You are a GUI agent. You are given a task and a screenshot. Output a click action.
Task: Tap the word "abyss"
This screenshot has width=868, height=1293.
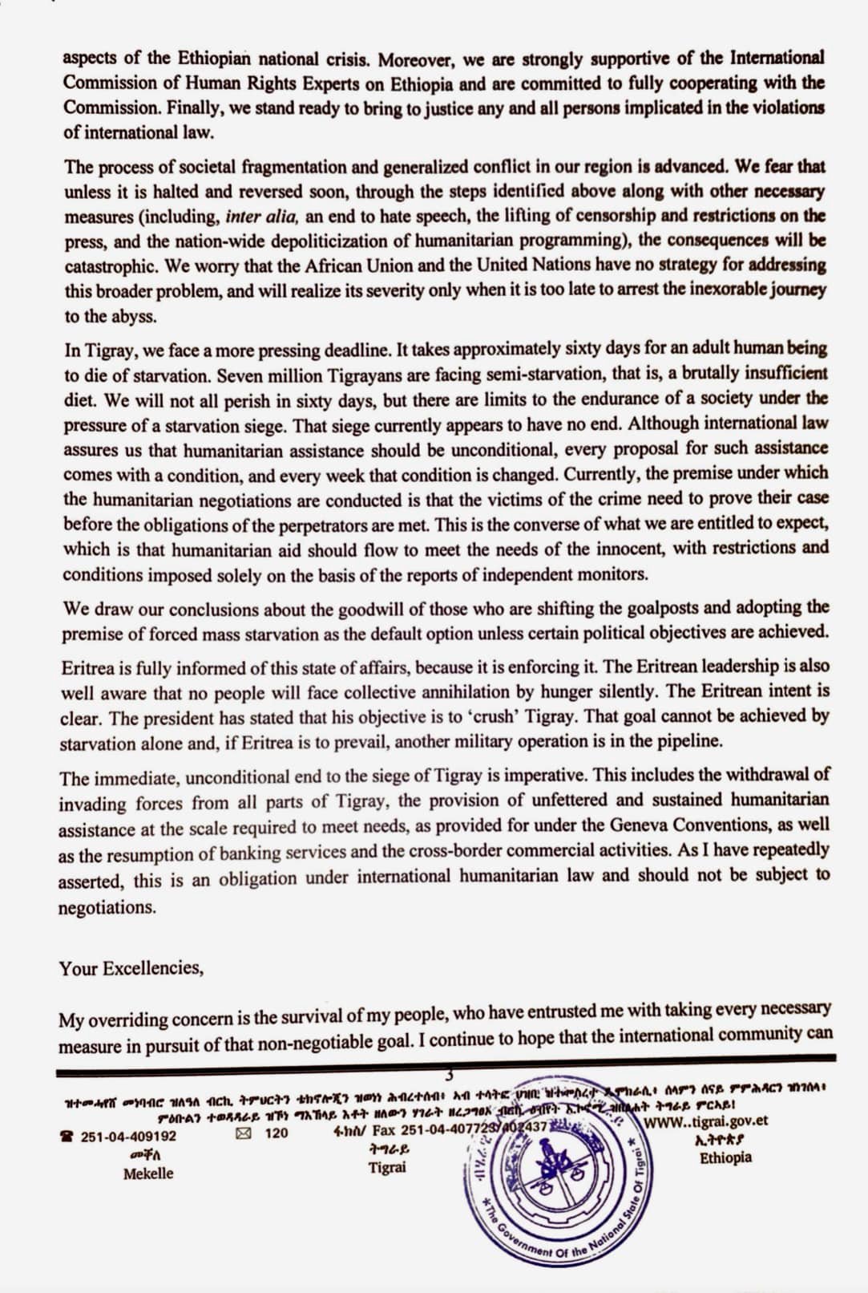click(135, 316)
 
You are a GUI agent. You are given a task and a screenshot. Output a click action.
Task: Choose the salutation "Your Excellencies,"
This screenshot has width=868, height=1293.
click(131, 967)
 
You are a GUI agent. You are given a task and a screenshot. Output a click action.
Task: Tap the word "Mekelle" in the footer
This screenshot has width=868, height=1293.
click(148, 1173)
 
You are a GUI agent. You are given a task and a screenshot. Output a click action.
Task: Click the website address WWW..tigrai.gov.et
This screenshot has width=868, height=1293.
click(706, 1121)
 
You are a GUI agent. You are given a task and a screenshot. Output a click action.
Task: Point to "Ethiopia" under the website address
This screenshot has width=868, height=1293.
click(725, 1157)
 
